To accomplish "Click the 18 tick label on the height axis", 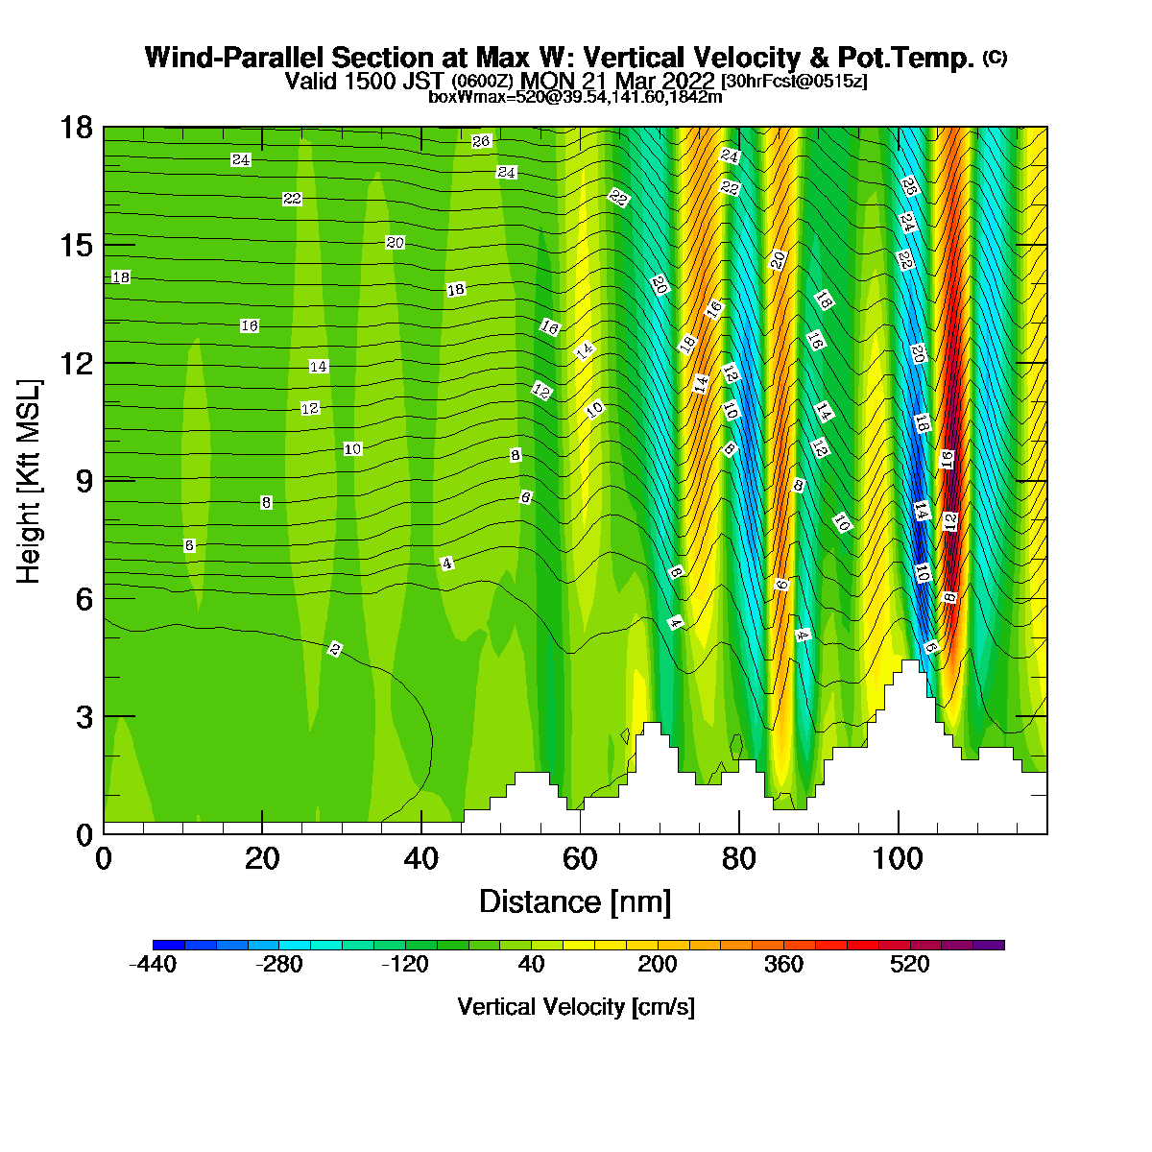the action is point(77,128).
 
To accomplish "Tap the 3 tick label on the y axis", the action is point(84,717).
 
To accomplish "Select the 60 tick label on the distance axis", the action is point(580,859).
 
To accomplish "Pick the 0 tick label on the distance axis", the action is point(104,859).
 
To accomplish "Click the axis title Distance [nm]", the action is point(575,902).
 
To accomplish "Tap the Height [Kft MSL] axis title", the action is point(29,481).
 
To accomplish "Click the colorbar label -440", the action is point(153,964).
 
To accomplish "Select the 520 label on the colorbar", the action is point(910,964).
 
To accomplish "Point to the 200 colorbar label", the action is point(658,964).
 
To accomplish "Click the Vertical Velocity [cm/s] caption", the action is point(576,1007).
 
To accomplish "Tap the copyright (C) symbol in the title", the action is point(995,58).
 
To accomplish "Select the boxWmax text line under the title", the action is point(575,97).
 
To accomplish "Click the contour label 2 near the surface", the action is point(335,649).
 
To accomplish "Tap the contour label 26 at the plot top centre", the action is point(481,141).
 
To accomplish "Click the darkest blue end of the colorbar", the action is point(169,946).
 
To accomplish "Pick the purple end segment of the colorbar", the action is point(989,946).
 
